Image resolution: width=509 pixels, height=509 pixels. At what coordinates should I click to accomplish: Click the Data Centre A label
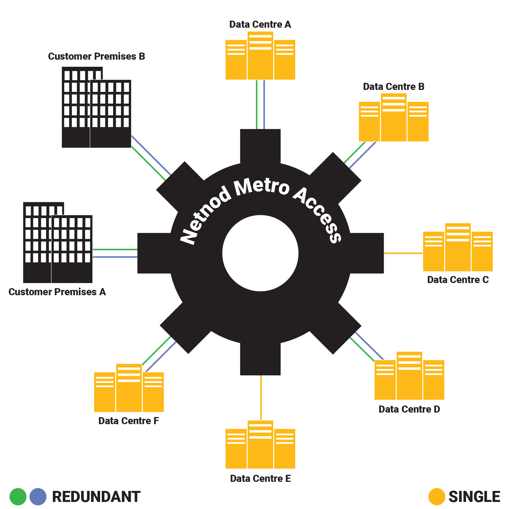coord(260,25)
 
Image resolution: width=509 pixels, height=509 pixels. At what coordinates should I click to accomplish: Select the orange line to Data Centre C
coord(403,253)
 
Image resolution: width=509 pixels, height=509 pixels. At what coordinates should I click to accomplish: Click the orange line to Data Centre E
coord(261,397)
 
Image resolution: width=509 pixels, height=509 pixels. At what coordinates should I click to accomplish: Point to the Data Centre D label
coord(409,409)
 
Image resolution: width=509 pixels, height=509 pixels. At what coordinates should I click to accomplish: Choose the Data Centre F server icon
coord(129,388)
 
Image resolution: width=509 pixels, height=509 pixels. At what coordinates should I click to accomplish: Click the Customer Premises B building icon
coord(96,107)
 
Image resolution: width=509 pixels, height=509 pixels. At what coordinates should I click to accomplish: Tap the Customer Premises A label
coord(57,292)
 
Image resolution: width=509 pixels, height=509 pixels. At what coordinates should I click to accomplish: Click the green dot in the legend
coord(18,497)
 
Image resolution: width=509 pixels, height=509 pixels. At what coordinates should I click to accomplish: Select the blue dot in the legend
coord(38,497)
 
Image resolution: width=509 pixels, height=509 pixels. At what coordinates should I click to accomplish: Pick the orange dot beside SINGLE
coord(437,497)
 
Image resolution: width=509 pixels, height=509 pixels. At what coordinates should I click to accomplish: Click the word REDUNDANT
coord(96,497)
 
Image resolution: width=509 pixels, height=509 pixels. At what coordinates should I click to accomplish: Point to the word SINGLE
coord(474,497)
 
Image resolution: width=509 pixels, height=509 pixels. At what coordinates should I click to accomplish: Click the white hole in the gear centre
coord(260,253)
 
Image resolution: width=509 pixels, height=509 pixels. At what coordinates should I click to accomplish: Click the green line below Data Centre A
coord(256,105)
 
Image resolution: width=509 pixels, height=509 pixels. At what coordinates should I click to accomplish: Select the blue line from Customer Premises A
coord(115,257)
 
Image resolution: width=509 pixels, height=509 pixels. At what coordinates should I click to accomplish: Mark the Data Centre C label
coord(458,280)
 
